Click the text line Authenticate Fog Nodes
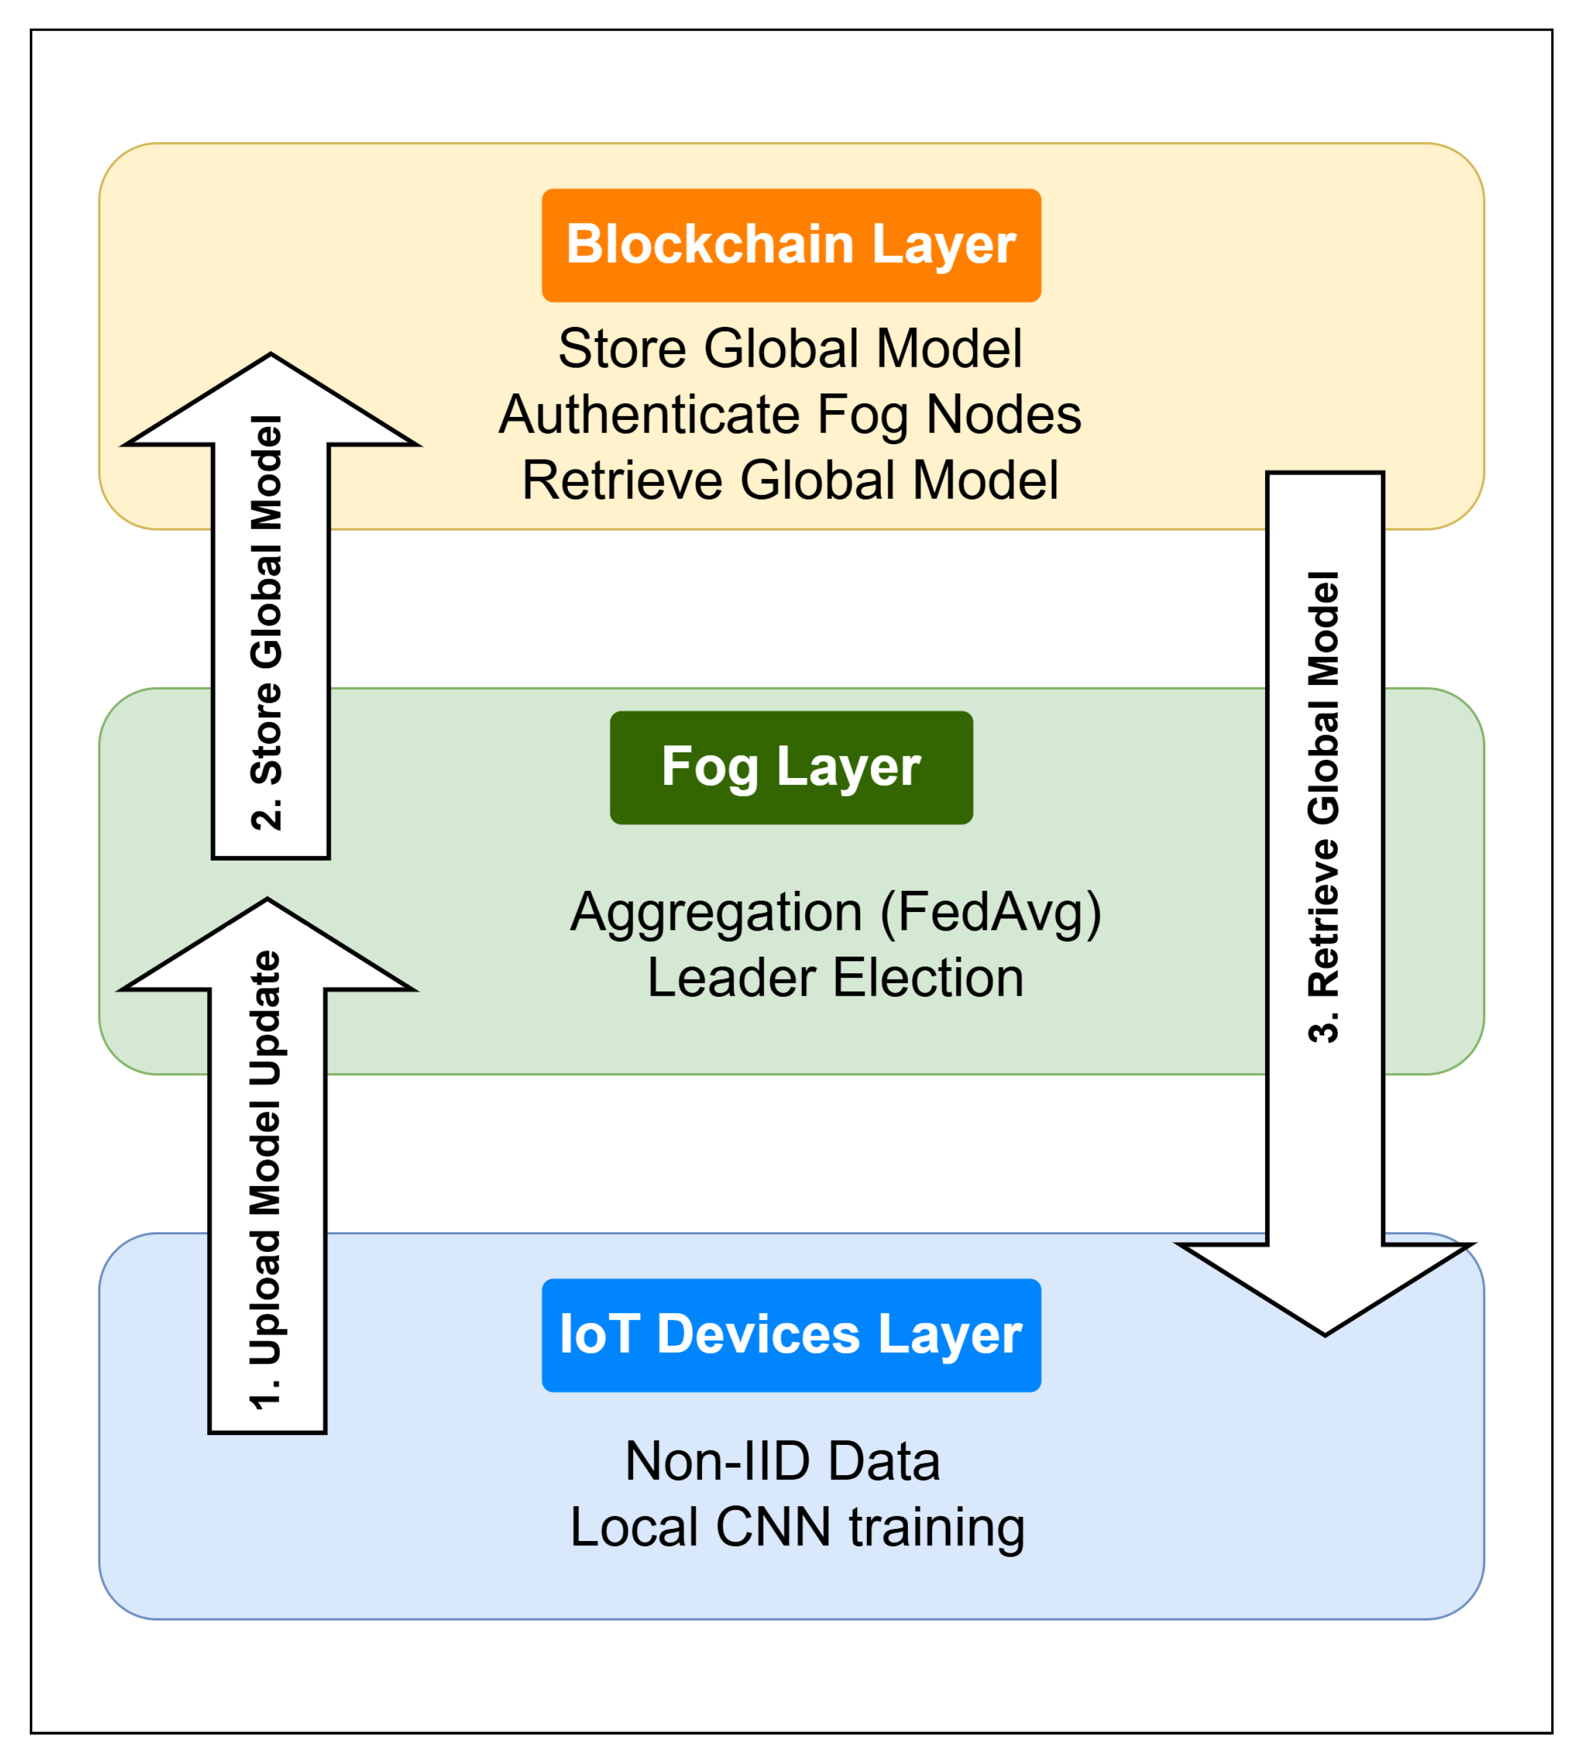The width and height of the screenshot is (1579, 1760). coord(789,415)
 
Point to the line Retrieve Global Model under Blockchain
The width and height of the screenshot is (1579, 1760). coord(789,481)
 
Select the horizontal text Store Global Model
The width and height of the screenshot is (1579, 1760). coord(789,349)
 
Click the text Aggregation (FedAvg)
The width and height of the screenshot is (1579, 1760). coord(835,913)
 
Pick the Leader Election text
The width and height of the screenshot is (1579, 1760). coord(835,979)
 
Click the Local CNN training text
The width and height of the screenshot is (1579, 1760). coord(796,1527)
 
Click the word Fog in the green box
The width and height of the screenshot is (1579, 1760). coord(709,767)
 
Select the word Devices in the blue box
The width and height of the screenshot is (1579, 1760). coord(757,1335)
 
